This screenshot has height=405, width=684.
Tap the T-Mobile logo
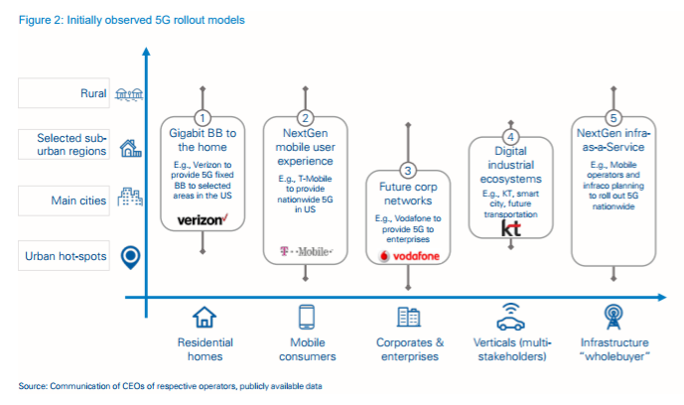304,253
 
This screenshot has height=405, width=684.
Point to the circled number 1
204,117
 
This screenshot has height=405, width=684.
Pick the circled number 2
305,117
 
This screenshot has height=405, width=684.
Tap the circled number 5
613,117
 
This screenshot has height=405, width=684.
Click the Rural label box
65,93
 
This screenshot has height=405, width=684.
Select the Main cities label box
65,201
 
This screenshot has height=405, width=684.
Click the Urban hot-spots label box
65,257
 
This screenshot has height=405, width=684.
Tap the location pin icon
128,257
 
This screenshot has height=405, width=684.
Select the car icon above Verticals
510,318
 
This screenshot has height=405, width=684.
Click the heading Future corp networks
410,193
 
